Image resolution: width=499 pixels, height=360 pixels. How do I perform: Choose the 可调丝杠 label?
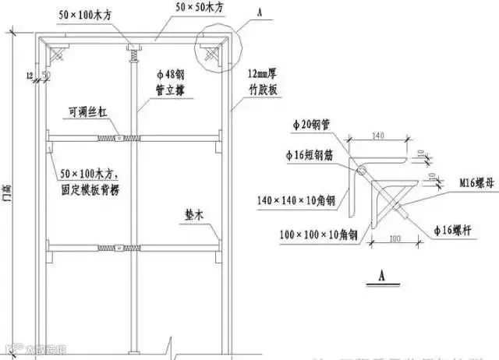coord(84,112)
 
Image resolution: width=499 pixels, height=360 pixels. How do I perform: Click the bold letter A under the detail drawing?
coord(382,276)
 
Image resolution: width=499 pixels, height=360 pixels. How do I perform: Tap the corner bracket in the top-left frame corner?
coord(57,55)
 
